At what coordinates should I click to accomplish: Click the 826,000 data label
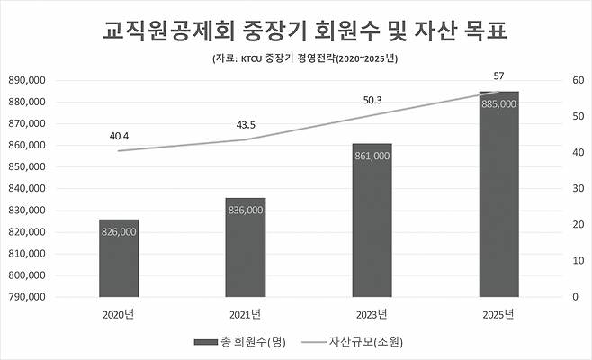click(119, 231)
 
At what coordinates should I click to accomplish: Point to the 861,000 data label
click(372, 156)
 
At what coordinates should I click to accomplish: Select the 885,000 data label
click(498, 103)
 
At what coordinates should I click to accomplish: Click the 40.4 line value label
click(119, 136)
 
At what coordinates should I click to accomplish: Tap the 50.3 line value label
click(372, 100)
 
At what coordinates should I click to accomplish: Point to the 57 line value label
click(498, 76)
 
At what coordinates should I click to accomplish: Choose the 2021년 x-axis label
click(245, 314)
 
